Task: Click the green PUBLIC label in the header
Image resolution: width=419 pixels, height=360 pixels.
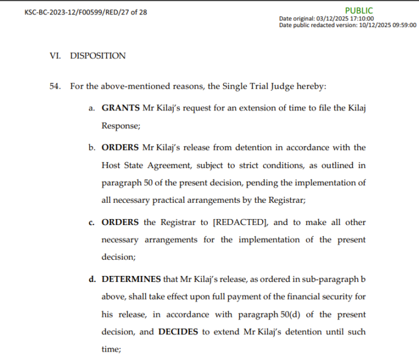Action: pyautogui.click(x=358, y=10)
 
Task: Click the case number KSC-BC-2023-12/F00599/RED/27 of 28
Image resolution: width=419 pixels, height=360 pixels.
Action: pyautogui.click(x=86, y=13)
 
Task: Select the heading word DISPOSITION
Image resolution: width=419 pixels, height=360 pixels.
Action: pyautogui.click(x=98, y=56)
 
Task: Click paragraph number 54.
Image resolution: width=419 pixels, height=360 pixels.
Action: pyautogui.click(x=55, y=86)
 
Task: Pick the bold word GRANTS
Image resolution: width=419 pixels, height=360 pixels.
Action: pyautogui.click(x=120, y=109)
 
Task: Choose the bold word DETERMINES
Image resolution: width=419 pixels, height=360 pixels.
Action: pyautogui.click(x=131, y=279)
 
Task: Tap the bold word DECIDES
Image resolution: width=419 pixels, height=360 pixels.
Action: pyautogui.click(x=182, y=332)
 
